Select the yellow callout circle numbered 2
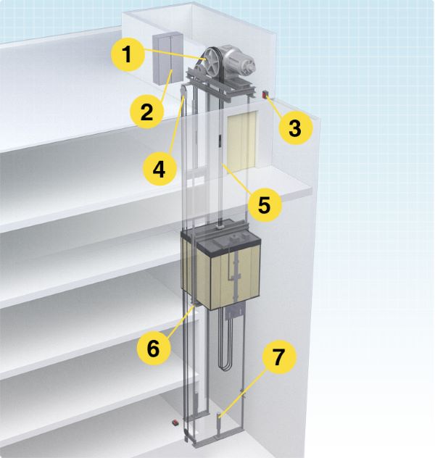coord(146,112)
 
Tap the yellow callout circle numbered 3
coord(294,128)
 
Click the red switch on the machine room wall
coord(265,93)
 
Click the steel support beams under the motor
coord(221,83)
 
